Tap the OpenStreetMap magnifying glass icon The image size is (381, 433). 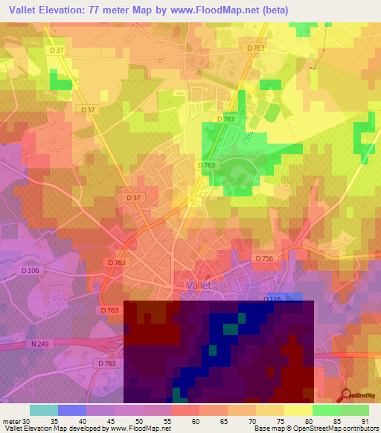coord(346,396)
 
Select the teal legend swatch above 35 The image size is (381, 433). coord(44,410)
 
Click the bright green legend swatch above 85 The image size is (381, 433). coord(327,410)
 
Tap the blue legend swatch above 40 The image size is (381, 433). coord(72,410)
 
